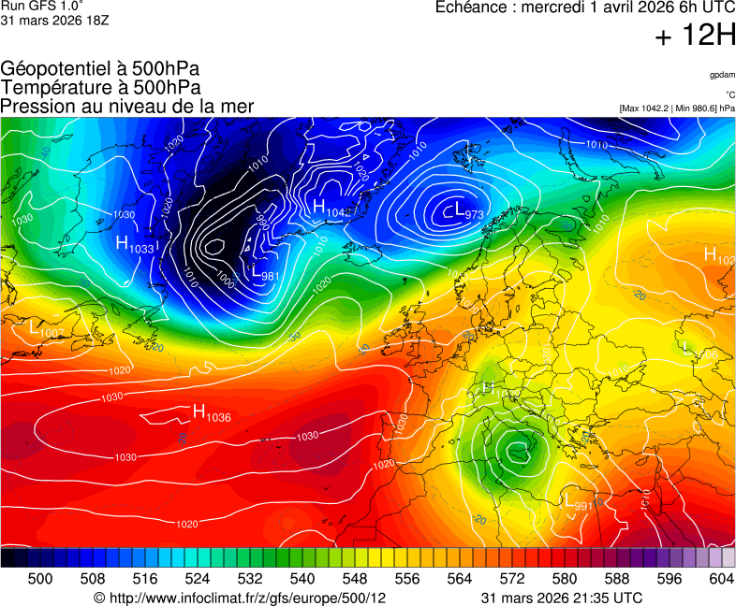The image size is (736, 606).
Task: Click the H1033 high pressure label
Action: click(x=135, y=244)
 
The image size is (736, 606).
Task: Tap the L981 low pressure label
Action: click(x=266, y=273)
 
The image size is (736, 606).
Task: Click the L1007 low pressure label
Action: click(x=47, y=329)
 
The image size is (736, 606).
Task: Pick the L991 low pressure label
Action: click(x=579, y=502)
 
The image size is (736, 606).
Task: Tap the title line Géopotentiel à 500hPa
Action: click(x=100, y=69)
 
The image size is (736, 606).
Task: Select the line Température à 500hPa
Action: click(x=100, y=87)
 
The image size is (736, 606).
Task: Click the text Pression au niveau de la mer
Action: click(x=127, y=106)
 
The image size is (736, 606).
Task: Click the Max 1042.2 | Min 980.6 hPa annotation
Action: click(x=677, y=108)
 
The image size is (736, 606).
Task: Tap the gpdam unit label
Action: click(x=721, y=74)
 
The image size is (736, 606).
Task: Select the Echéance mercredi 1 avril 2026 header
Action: click(x=585, y=7)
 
